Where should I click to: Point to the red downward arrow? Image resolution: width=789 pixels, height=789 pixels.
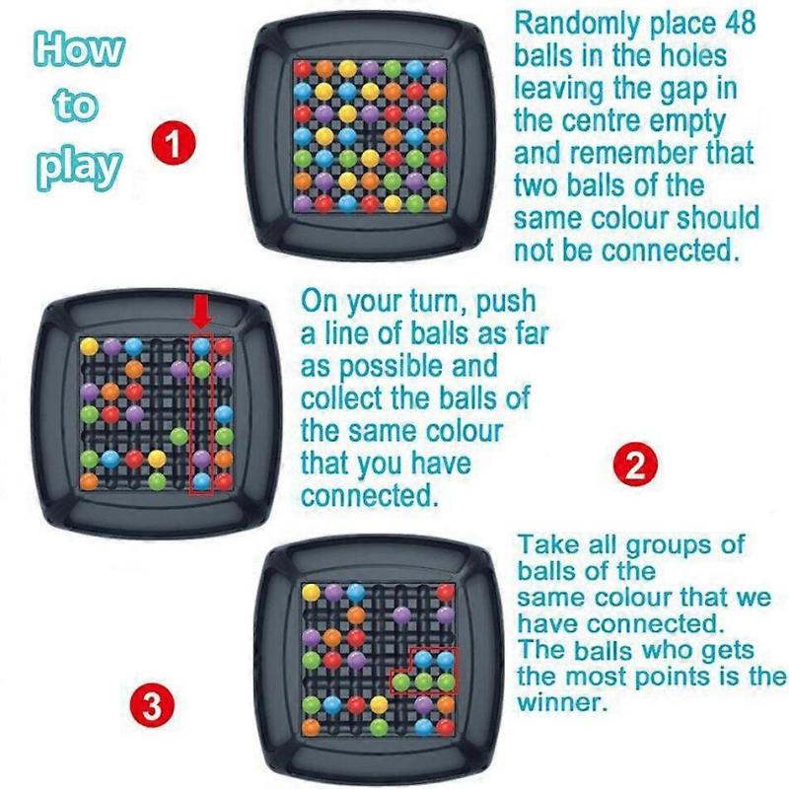click(201, 314)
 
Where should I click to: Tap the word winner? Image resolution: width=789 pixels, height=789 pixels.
click(564, 704)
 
